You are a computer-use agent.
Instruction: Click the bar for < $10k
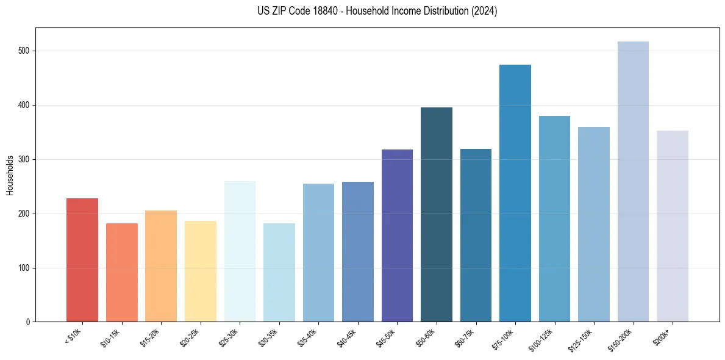click(x=82, y=260)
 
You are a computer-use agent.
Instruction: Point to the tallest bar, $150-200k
click(x=633, y=182)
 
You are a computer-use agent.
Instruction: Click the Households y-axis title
click(x=10, y=175)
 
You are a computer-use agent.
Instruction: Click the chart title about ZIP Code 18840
click(x=377, y=11)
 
